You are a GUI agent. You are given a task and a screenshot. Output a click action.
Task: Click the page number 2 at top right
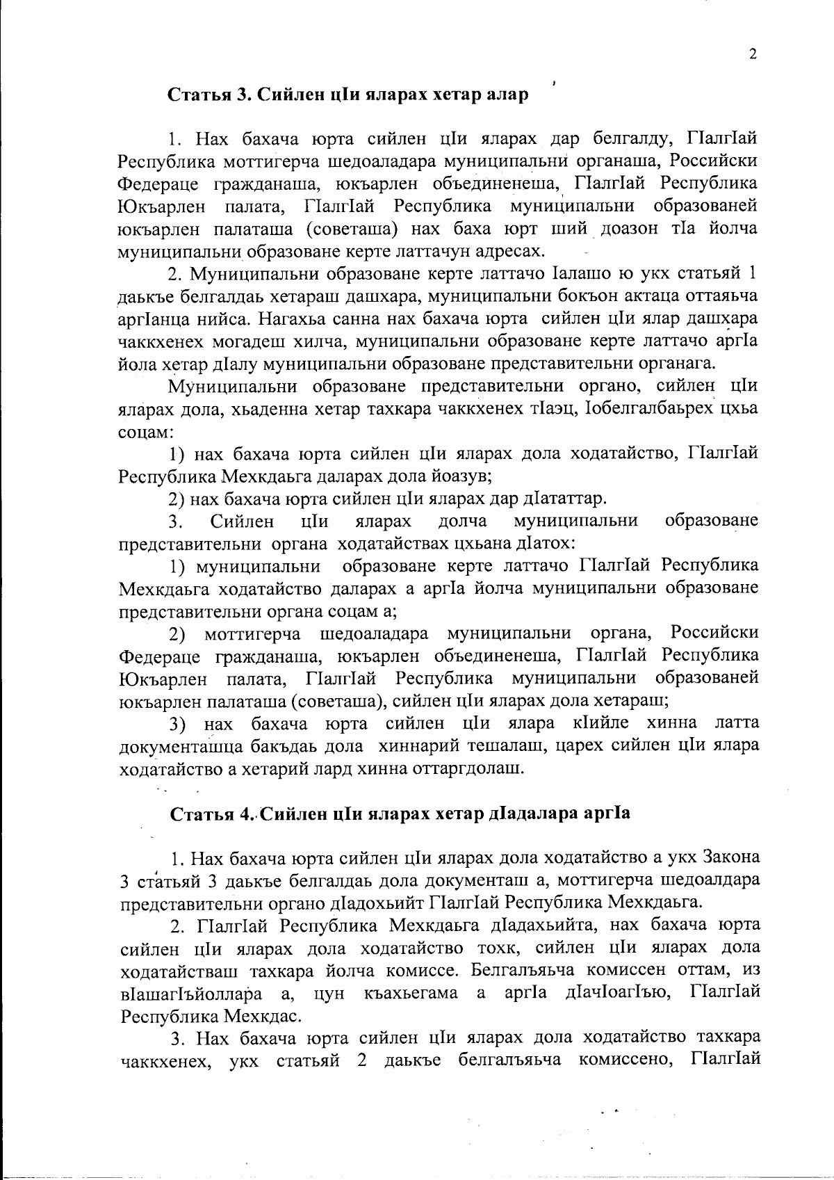point(752,55)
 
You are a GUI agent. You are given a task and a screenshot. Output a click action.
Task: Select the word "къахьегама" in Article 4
point(410,992)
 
